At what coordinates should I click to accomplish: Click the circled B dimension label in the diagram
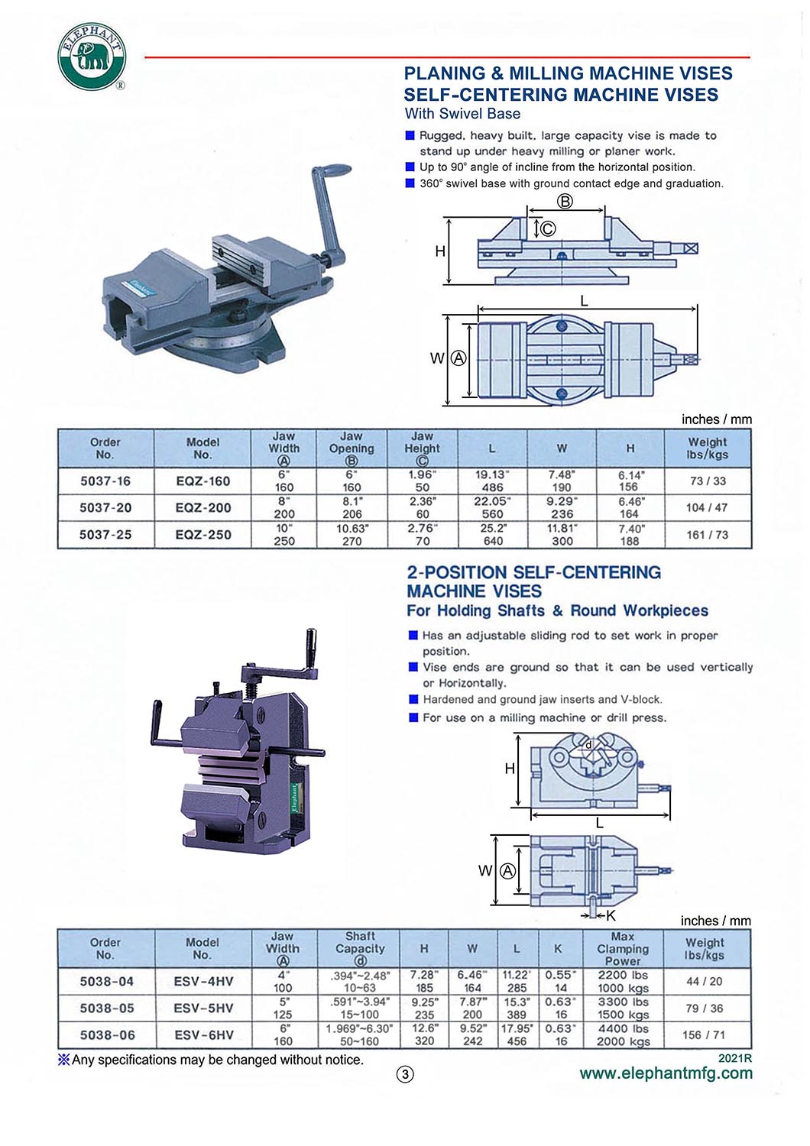pyautogui.click(x=565, y=202)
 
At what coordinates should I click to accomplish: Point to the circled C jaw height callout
pyautogui.click(x=548, y=228)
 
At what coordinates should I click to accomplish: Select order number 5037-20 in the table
pyautogui.click(x=105, y=508)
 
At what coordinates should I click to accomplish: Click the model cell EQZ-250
pyautogui.click(x=203, y=535)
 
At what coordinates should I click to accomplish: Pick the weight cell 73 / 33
pyautogui.click(x=708, y=481)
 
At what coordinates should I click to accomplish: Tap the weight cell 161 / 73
pyautogui.click(x=708, y=535)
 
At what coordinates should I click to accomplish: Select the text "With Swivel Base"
pyautogui.click(x=462, y=114)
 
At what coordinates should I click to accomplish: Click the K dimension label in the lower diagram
pyautogui.click(x=611, y=915)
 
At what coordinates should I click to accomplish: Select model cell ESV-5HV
pyautogui.click(x=203, y=1008)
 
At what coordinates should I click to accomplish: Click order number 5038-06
pyautogui.click(x=107, y=1035)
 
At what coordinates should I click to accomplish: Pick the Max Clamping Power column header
pyautogui.click(x=623, y=949)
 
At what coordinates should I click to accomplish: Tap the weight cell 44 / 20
pyautogui.click(x=705, y=982)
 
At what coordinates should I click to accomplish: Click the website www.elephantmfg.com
pyautogui.click(x=666, y=1073)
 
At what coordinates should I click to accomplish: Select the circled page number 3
pyautogui.click(x=405, y=1074)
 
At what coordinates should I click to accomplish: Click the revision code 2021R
pyautogui.click(x=735, y=1059)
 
